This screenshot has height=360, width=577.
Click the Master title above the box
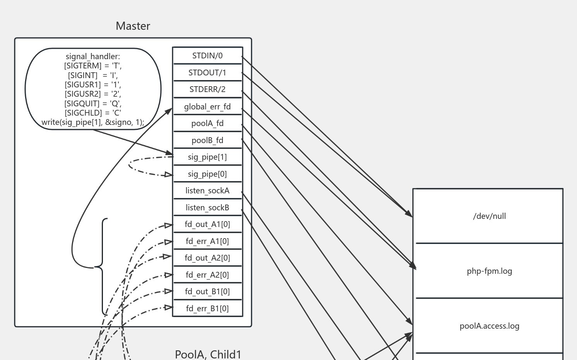pyautogui.click(x=133, y=26)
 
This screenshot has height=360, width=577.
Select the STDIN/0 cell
pyautogui.click(x=207, y=56)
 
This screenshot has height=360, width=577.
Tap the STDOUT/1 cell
pyautogui.click(x=207, y=73)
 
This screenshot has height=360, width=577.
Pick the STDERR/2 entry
pyautogui.click(x=207, y=89)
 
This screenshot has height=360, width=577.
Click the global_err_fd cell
pyautogui.click(x=207, y=107)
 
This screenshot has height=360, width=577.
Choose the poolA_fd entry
pyautogui.click(x=207, y=123)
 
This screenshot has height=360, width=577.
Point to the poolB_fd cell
pyautogui.click(x=207, y=140)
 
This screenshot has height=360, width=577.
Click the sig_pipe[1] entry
pyautogui.click(x=207, y=157)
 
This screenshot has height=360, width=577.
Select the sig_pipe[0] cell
pyautogui.click(x=207, y=174)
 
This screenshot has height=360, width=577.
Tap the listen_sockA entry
pyautogui.click(x=207, y=191)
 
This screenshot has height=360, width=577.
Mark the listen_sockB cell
pyautogui.click(x=207, y=208)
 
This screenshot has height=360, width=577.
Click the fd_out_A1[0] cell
pyautogui.click(x=207, y=224)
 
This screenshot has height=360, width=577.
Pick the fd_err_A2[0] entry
pyautogui.click(x=207, y=275)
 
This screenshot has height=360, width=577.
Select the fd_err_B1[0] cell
pyautogui.click(x=207, y=309)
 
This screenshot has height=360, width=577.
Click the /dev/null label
pyautogui.click(x=489, y=216)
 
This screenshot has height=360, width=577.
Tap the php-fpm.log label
pyautogui.click(x=489, y=271)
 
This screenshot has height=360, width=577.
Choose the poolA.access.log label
pyautogui.click(x=489, y=326)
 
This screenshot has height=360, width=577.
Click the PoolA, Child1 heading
pyautogui.click(x=208, y=354)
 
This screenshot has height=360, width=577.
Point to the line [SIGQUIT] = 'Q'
pyautogui.click(x=93, y=104)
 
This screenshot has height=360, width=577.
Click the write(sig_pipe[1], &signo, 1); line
pyautogui.click(x=93, y=123)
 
